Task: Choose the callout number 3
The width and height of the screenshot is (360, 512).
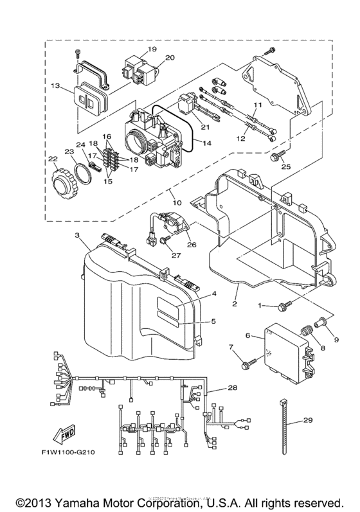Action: (78, 236)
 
